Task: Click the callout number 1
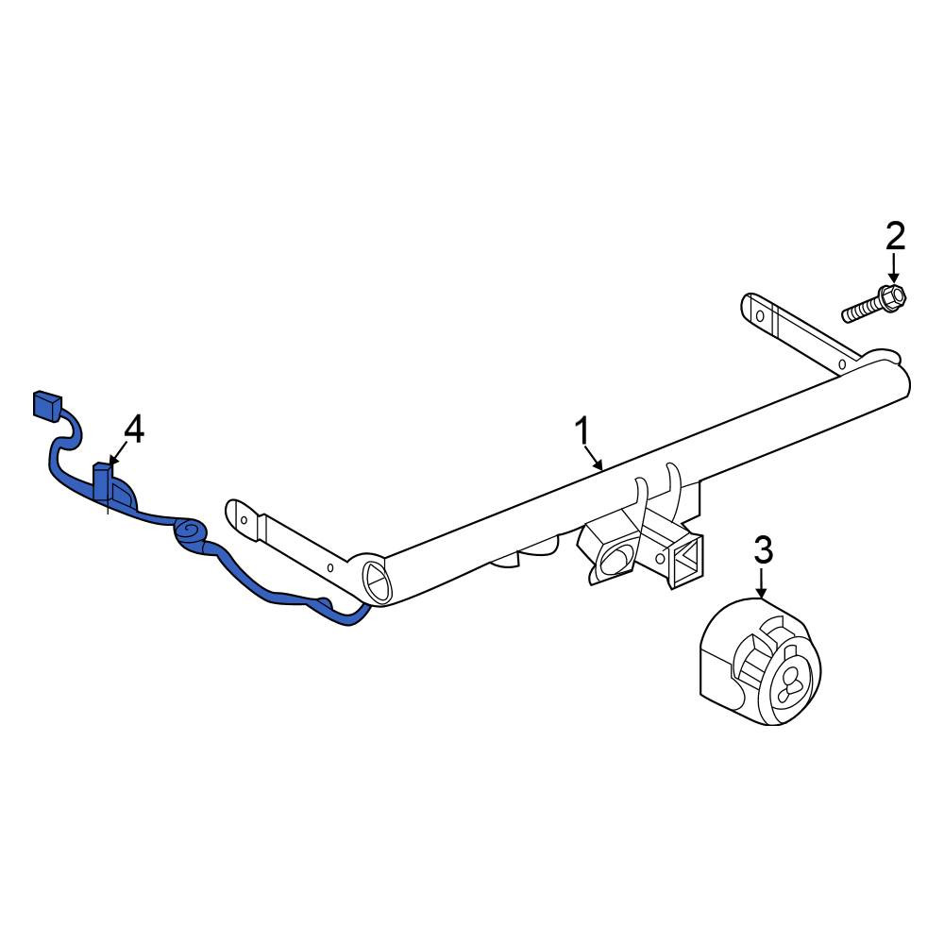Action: point(582,431)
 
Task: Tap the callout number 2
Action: point(895,236)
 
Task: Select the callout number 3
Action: point(763,551)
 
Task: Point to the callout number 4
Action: point(134,430)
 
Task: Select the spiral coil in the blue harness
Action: point(191,532)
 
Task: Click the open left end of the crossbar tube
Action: point(378,580)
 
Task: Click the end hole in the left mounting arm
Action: point(244,519)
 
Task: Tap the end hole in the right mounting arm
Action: point(760,315)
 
